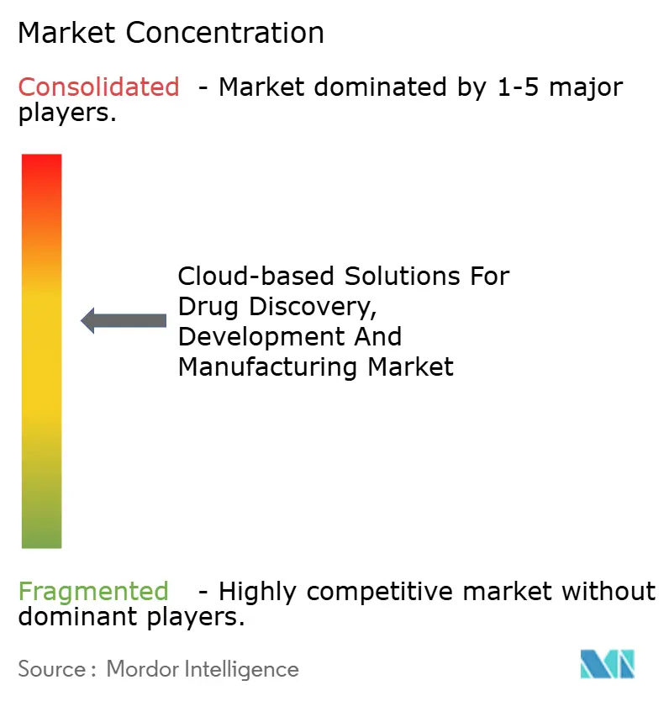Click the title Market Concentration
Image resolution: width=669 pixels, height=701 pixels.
click(171, 33)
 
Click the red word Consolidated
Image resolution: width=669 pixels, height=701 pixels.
click(99, 87)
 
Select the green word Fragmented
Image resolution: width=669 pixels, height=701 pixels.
click(93, 592)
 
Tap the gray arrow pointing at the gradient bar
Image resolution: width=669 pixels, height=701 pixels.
click(124, 320)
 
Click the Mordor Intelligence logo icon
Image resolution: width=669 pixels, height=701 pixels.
click(608, 664)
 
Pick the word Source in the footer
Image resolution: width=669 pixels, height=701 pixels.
click(50, 669)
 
